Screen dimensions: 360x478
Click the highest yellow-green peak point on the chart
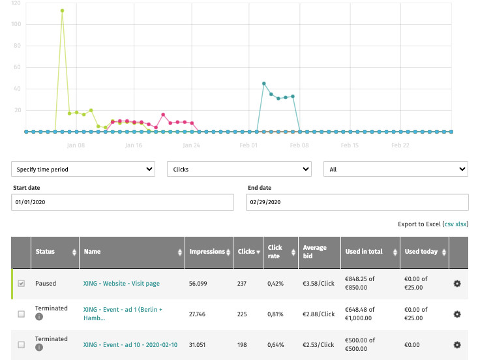point(62,10)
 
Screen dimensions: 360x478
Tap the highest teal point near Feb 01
point(263,83)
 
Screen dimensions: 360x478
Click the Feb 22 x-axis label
point(400,145)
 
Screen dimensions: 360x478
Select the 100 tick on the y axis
point(16,24)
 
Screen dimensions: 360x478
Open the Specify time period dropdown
point(83,170)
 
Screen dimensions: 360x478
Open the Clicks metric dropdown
point(239,170)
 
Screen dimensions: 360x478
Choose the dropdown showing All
point(396,170)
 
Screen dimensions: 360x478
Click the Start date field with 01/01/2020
point(123,202)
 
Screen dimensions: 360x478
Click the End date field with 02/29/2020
point(357,202)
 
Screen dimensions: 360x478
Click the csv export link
point(449,224)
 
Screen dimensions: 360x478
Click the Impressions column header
point(207,252)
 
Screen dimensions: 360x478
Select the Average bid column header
point(314,252)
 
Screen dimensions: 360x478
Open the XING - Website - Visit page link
point(121,284)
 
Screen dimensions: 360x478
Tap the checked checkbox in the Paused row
point(22,284)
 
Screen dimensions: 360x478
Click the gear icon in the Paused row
point(457,284)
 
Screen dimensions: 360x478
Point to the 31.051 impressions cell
point(199,344)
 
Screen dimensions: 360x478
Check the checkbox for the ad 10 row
point(22,344)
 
